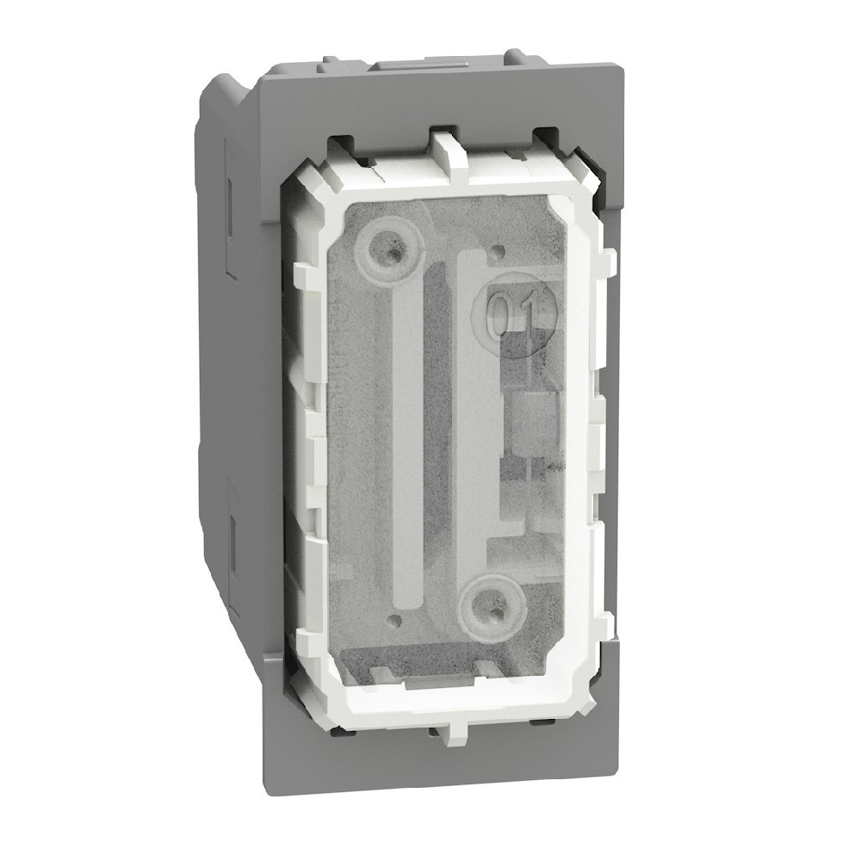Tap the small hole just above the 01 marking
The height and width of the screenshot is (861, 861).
click(x=497, y=254)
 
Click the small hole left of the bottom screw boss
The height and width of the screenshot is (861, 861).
click(x=395, y=617)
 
